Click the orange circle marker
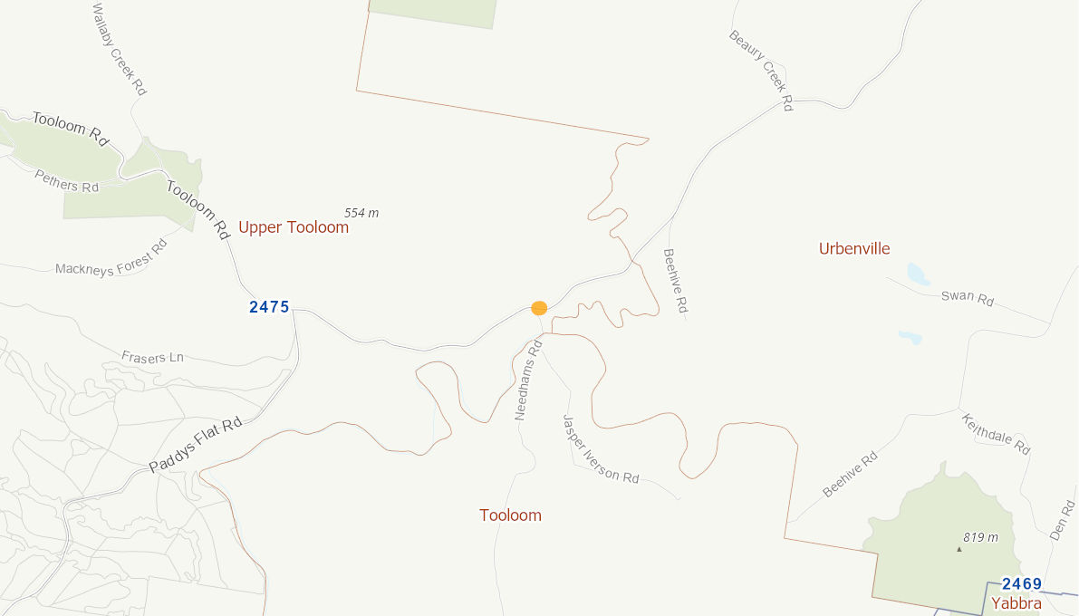click(539, 308)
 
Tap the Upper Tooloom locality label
click(294, 227)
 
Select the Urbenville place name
click(854, 249)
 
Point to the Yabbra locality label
click(1016, 603)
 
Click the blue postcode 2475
click(269, 307)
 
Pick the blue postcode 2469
click(1022, 584)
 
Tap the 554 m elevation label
click(361, 213)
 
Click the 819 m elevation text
click(980, 537)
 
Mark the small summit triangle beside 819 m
click(959, 548)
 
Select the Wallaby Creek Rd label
click(120, 49)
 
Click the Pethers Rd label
click(66, 181)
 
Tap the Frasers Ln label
click(152, 357)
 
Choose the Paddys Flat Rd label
click(196, 445)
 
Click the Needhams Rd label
click(528, 380)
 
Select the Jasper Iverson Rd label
click(600, 449)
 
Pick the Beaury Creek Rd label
click(761, 70)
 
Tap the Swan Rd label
click(968, 297)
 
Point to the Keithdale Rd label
click(996, 434)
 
